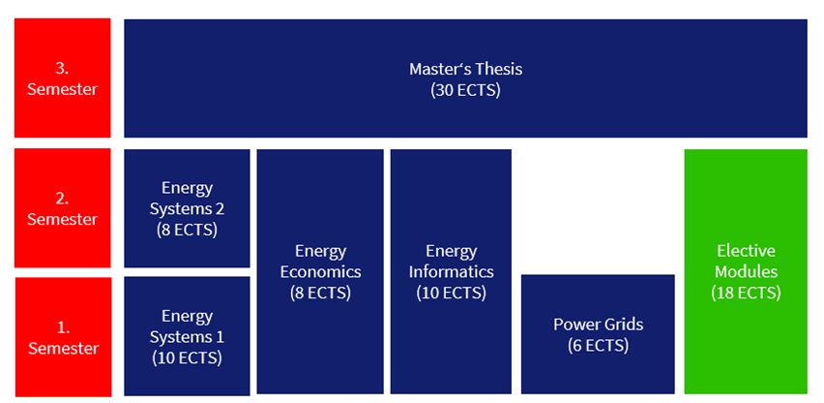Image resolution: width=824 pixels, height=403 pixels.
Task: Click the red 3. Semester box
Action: click(62, 77)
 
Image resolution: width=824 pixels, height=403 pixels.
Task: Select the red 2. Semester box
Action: click(62, 207)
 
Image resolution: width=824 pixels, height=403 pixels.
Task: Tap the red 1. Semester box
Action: click(62, 336)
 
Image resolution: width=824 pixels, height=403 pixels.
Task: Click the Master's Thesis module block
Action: click(465, 77)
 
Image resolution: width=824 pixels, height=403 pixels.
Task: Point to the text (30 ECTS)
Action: click(465, 90)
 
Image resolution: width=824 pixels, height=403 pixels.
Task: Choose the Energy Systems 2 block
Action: click(187, 208)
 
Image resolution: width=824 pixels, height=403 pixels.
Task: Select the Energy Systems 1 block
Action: click(187, 335)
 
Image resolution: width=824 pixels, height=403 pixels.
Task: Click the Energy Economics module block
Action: click(320, 271)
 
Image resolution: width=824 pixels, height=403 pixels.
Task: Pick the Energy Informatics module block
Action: click(451, 271)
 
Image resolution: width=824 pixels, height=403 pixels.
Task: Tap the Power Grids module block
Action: click(598, 334)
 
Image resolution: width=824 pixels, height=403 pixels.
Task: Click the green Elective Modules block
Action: click(745, 271)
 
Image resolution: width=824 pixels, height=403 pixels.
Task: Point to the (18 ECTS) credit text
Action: click(745, 293)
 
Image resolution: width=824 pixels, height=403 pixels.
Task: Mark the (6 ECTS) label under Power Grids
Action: click(598, 346)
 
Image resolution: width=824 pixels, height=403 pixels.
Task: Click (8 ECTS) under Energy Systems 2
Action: click(187, 231)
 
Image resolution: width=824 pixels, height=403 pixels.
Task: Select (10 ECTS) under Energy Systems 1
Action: click(187, 357)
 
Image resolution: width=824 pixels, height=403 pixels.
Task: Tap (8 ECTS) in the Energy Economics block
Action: click(320, 293)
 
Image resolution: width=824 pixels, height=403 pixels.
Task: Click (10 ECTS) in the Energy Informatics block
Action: click(451, 293)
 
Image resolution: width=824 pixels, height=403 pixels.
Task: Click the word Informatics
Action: click(451, 271)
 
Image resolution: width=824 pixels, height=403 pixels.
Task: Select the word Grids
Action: click(622, 325)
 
